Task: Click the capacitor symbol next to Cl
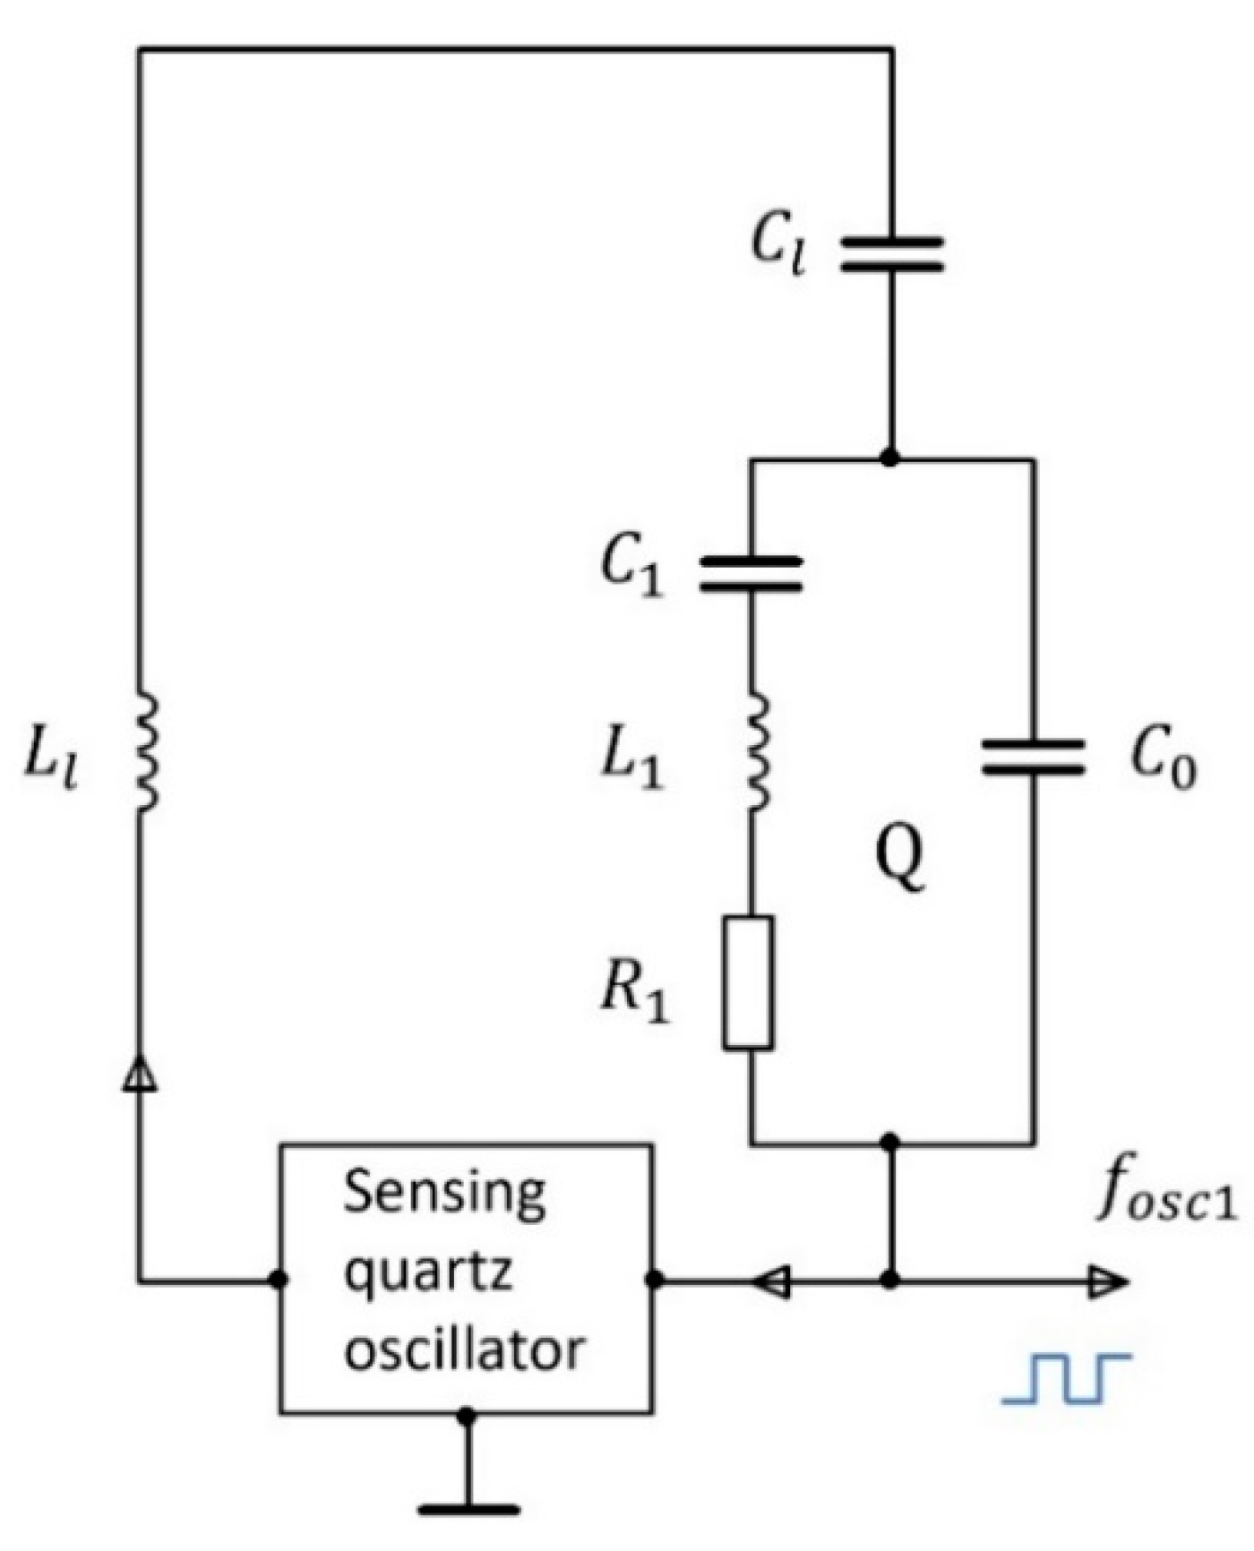[891, 253]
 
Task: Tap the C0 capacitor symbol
[1034, 757]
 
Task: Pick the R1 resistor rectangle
[749, 981]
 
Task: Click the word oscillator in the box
[465, 1348]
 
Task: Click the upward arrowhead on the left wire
[139, 1073]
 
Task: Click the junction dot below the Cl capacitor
[889, 458]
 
